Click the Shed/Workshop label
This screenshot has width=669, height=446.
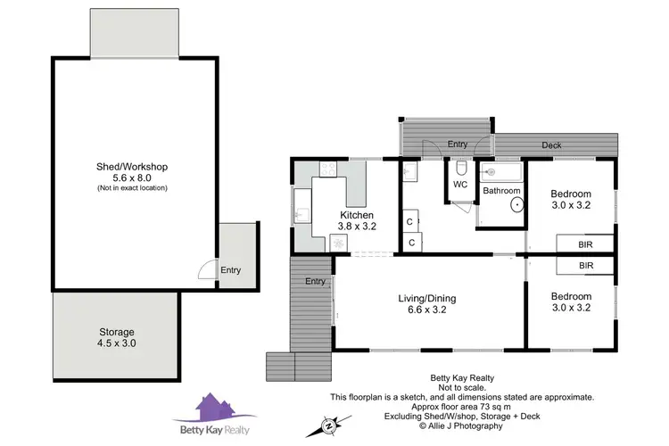pos(132,167)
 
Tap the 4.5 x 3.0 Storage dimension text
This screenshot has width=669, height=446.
pos(117,343)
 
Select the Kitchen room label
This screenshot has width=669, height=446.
pos(356,216)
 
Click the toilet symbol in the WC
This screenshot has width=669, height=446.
pos(460,169)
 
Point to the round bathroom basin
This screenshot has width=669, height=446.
pos(516,204)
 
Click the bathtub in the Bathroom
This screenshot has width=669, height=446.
pos(500,171)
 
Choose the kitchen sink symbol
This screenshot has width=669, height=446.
pos(301,213)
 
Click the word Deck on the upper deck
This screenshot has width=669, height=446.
pos(552,145)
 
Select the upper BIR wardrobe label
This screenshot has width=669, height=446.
pos(586,243)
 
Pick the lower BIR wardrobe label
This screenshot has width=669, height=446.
pos(586,266)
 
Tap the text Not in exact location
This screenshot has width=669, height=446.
pos(132,188)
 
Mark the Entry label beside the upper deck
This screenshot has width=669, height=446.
pos(458,144)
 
